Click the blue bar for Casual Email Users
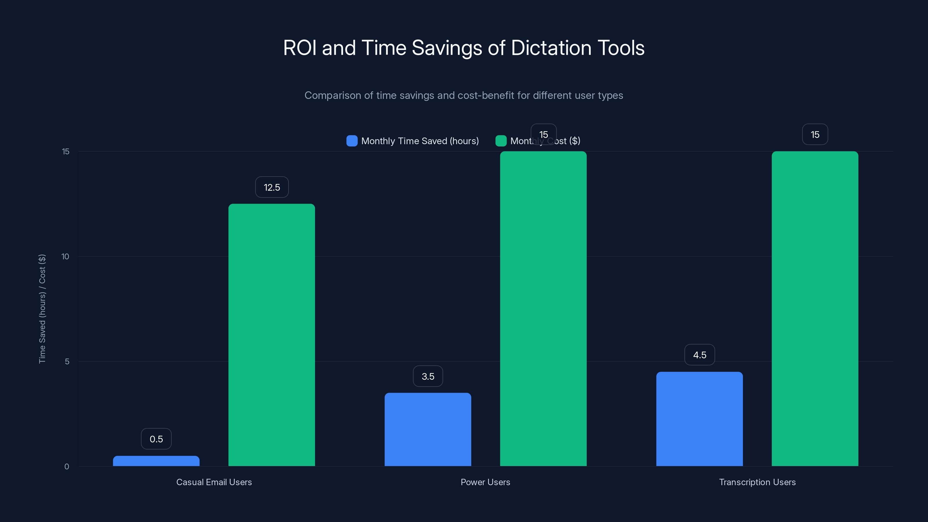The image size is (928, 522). point(156,461)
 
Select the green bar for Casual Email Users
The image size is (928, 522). point(272,335)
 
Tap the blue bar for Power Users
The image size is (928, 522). point(428,429)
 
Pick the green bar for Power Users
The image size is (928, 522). point(543,309)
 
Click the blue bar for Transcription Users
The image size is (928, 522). point(699,419)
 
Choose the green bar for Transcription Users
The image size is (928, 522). point(815,309)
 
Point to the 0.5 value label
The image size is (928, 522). point(156,439)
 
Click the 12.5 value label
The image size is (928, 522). point(272,187)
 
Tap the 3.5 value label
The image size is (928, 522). point(428,376)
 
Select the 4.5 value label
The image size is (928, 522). point(699,355)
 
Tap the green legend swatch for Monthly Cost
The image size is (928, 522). point(501,141)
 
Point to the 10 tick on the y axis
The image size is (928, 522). point(65,256)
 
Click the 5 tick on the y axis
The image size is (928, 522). point(67,361)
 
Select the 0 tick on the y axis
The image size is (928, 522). point(67,467)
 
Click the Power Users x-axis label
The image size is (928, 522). point(485,482)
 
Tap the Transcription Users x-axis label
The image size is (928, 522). point(757,482)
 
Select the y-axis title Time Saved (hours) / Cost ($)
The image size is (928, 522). point(42,309)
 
